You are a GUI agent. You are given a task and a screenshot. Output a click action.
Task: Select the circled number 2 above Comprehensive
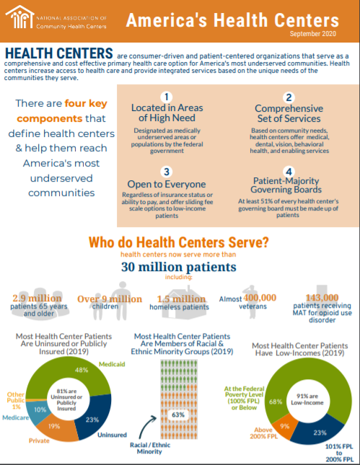pyautogui.click(x=289, y=97)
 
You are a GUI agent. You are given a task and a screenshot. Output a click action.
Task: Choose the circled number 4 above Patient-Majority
pyautogui.click(x=289, y=172)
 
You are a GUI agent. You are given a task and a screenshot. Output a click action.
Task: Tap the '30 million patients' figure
pyautogui.click(x=180, y=267)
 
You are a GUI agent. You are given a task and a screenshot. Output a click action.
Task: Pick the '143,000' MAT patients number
pyautogui.click(x=322, y=298)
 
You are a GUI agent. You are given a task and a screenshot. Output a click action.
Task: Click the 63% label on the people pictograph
pyautogui.click(x=180, y=415)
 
